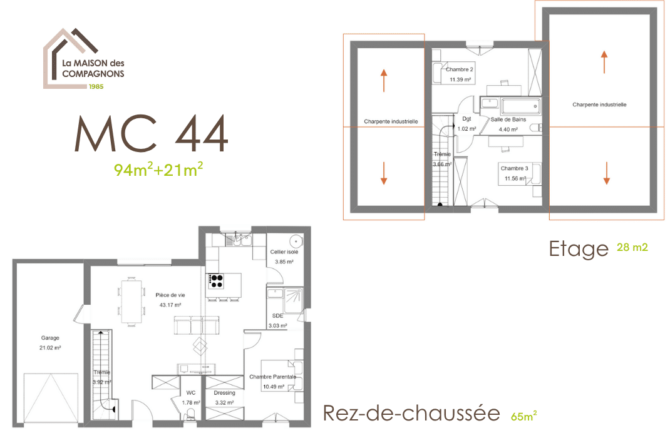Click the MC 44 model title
point(152,134)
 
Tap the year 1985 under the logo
point(96,86)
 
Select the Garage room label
point(50,338)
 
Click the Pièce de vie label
point(170,295)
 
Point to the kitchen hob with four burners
point(216,281)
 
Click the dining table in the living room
point(131,301)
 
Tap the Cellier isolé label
point(284,252)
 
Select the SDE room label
point(278,316)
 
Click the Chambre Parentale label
point(272,377)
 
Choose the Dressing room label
point(225,393)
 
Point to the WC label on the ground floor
point(191,393)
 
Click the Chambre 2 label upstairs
point(460,69)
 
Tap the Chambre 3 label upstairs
point(515,168)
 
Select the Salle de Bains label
point(508,120)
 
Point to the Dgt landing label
point(466,119)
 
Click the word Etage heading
point(579,249)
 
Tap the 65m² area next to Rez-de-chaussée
point(524,416)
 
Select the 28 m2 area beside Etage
point(632,247)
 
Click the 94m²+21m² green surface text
point(158,170)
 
